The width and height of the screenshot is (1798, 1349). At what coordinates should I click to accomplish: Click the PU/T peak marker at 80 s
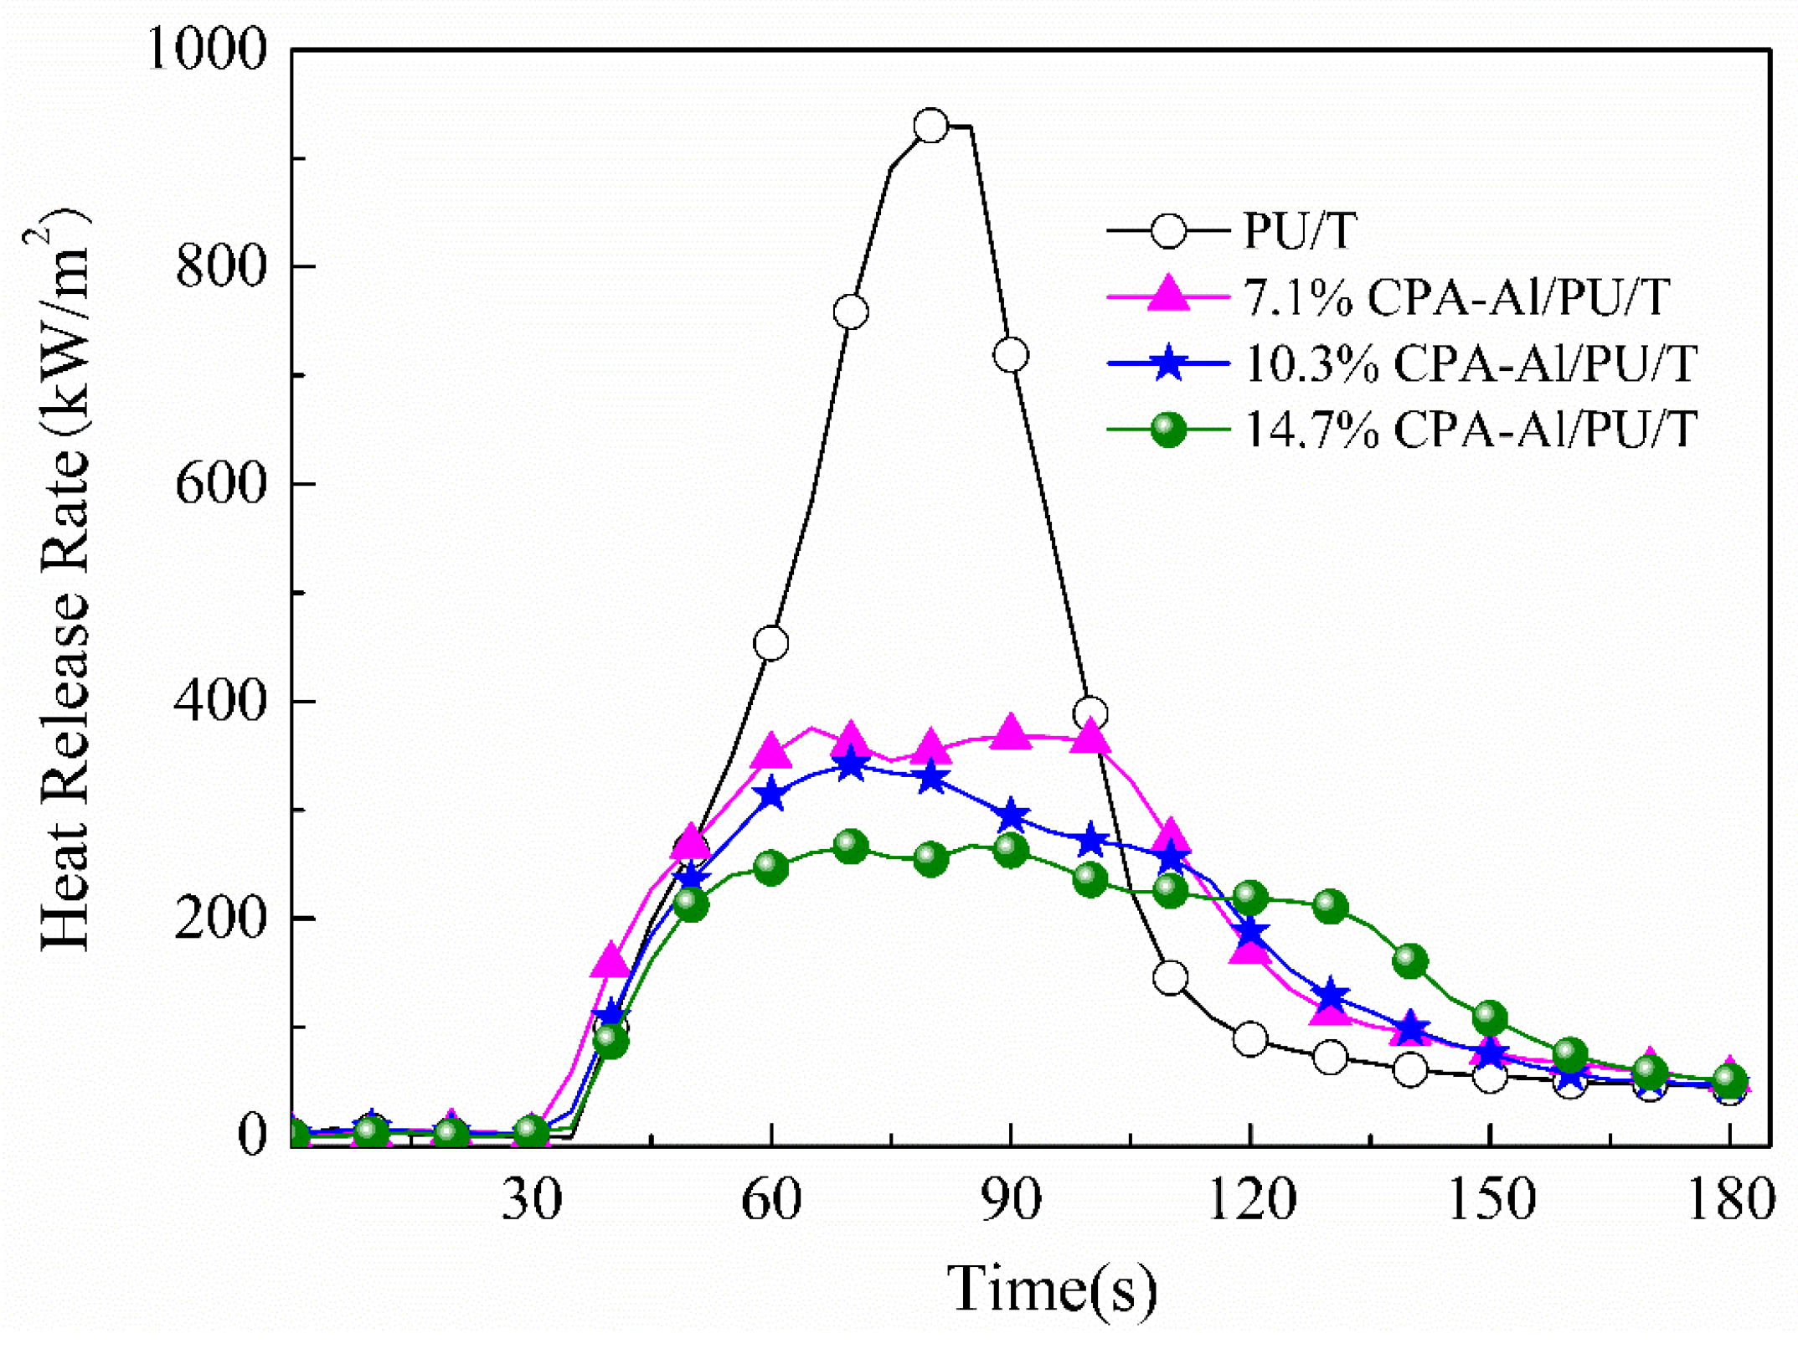pos(930,126)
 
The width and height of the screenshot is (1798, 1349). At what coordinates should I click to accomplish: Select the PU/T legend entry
pos(1298,230)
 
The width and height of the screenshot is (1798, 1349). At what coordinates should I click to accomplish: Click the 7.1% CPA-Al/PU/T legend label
pos(1456,297)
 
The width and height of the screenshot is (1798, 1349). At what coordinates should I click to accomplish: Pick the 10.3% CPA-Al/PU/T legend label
pos(1471,364)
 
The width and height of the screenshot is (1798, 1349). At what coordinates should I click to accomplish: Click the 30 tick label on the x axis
pos(531,1198)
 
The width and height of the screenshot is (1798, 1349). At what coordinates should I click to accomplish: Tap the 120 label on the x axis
pos(1249,1198)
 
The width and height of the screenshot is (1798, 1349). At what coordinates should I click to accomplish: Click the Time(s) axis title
pos(1052,1287)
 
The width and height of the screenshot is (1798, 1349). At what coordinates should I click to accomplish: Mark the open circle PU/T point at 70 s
pos(851,312)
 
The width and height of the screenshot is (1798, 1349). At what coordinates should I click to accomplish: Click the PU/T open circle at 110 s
pos(1170,977)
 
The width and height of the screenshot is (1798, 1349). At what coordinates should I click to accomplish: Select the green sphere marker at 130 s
pos(1330,906)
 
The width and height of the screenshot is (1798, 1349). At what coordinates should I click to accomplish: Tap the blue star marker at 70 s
pos(851,764)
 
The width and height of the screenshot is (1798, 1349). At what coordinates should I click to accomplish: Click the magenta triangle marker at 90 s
pos(1011,733)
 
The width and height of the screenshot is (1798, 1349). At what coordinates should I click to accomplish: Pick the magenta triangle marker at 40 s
pos(610,961)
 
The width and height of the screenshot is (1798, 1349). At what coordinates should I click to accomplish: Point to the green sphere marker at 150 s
pos(1490,1017)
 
